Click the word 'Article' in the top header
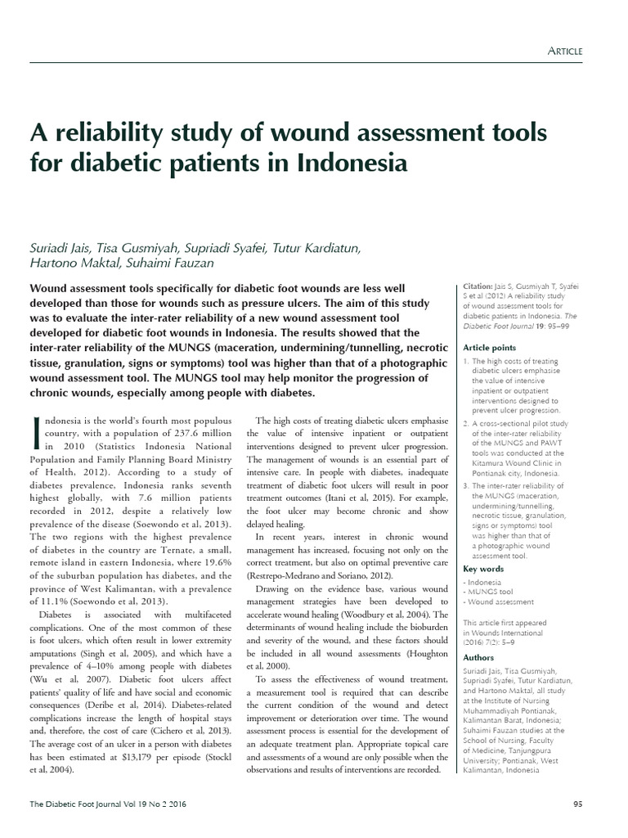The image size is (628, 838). tap(564, 51)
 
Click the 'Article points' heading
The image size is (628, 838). tap(489, 347)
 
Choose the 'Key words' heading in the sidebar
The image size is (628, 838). tap(483, 568)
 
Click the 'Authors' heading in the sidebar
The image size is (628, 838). tap(478, 657)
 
